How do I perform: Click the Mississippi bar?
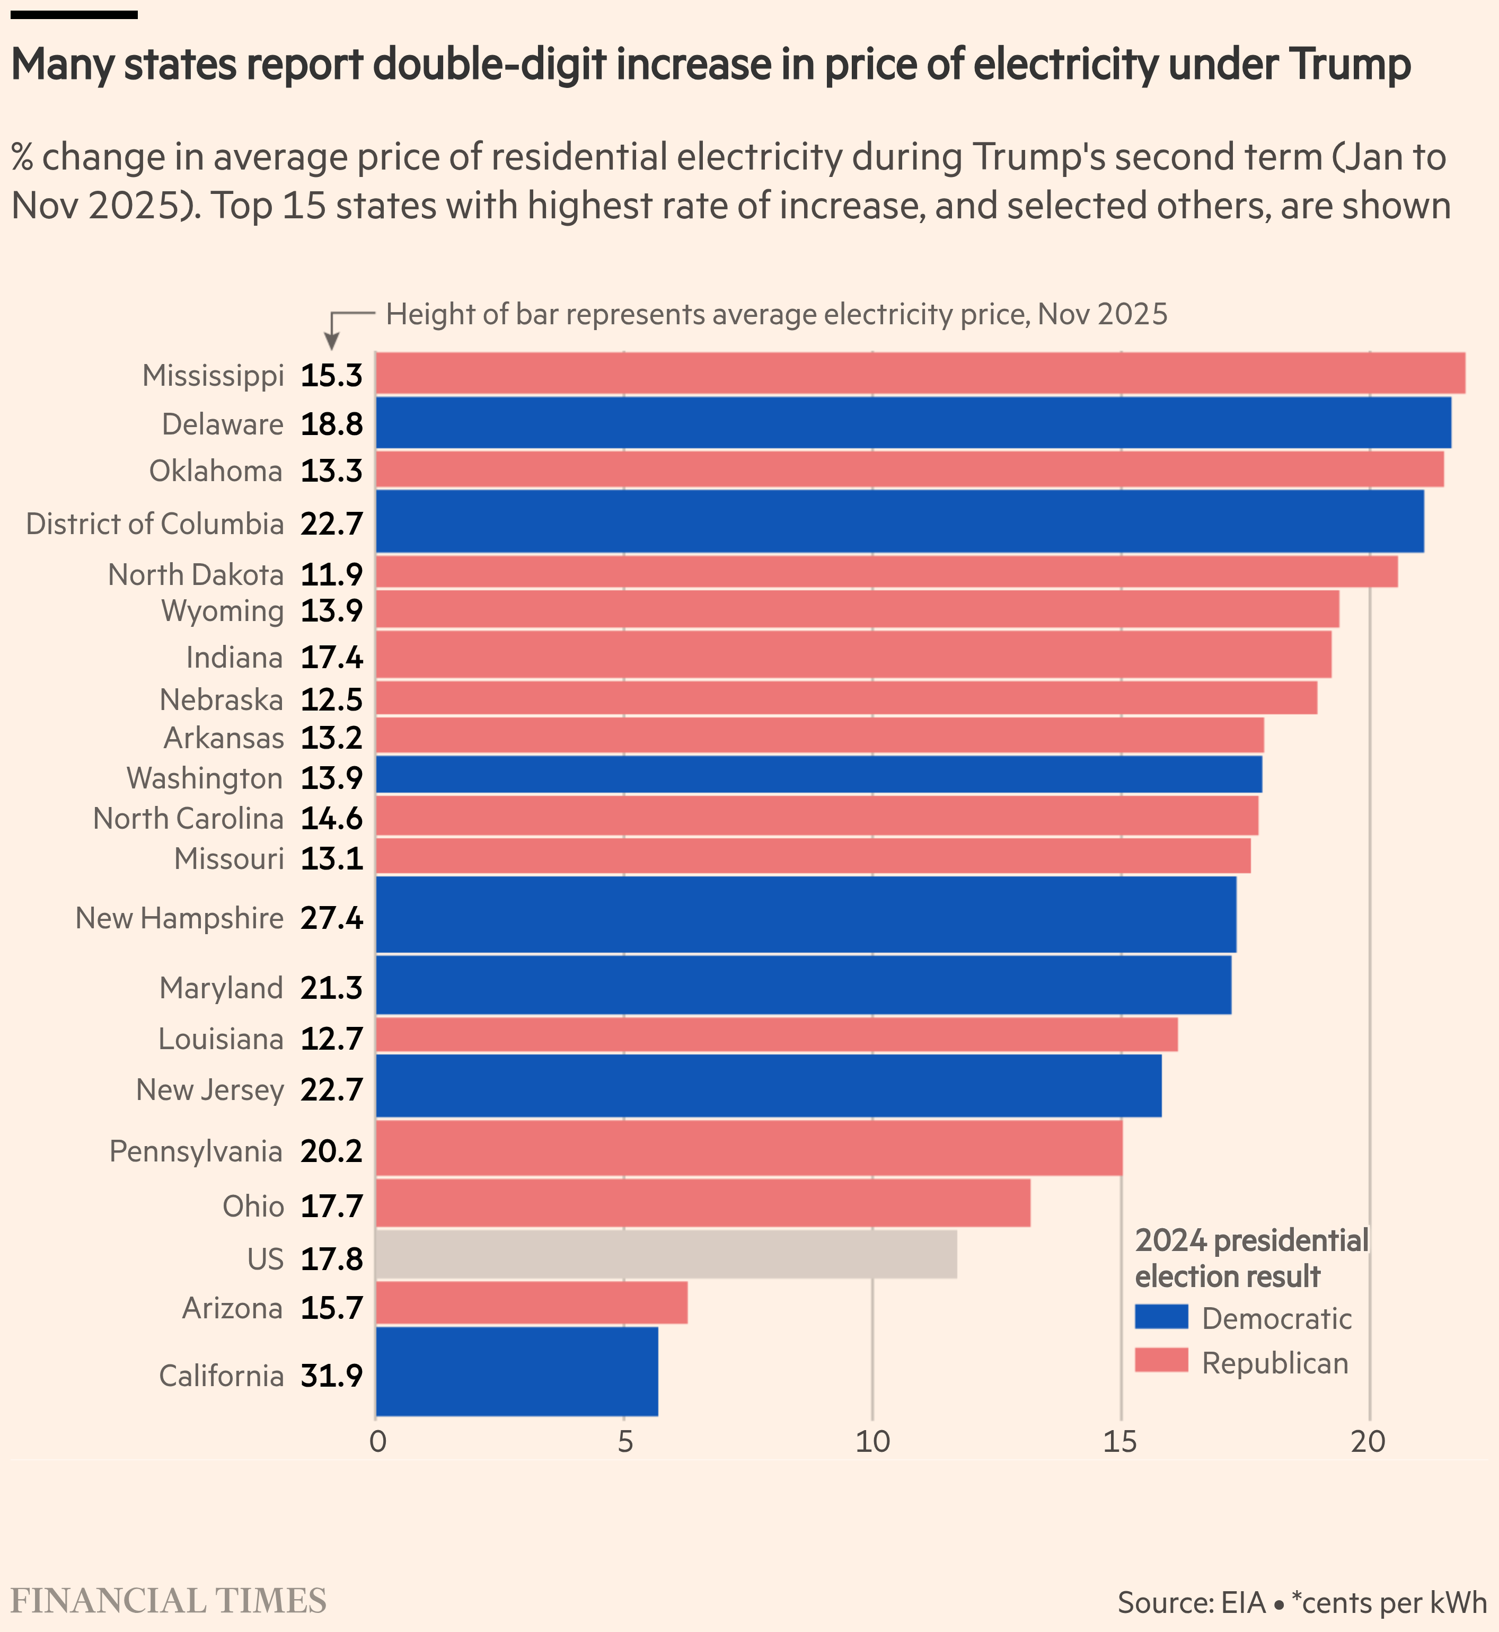coord(920,374)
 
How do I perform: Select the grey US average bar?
coord(666,1254)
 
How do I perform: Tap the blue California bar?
coord(517,1371)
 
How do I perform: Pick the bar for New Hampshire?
coord(806,915)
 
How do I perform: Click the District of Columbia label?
coord(155,524)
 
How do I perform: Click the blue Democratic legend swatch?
coord(1161,1317)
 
